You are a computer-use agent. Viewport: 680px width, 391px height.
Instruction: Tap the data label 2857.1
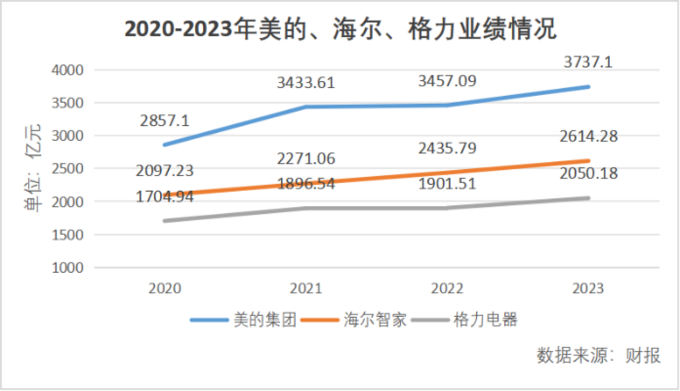coord(164,121)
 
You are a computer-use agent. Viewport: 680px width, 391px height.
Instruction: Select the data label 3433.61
coord(306,83)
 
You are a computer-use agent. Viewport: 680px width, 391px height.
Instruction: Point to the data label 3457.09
coord(447,81)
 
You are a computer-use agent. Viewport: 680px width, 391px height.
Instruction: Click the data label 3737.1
coord(588,62)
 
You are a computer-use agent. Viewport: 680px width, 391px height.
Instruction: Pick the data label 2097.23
coord(164,171)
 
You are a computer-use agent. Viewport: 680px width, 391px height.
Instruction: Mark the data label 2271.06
coord(306,159)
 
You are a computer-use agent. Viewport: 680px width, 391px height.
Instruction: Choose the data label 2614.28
coord(588,137)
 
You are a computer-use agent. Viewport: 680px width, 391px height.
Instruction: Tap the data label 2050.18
coord(588,173)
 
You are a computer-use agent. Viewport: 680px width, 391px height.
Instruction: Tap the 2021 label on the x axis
coord(306,289)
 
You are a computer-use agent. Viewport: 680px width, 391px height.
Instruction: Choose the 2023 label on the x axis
coord(588,289)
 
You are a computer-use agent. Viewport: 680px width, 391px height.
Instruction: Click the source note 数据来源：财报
coord(598,355)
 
